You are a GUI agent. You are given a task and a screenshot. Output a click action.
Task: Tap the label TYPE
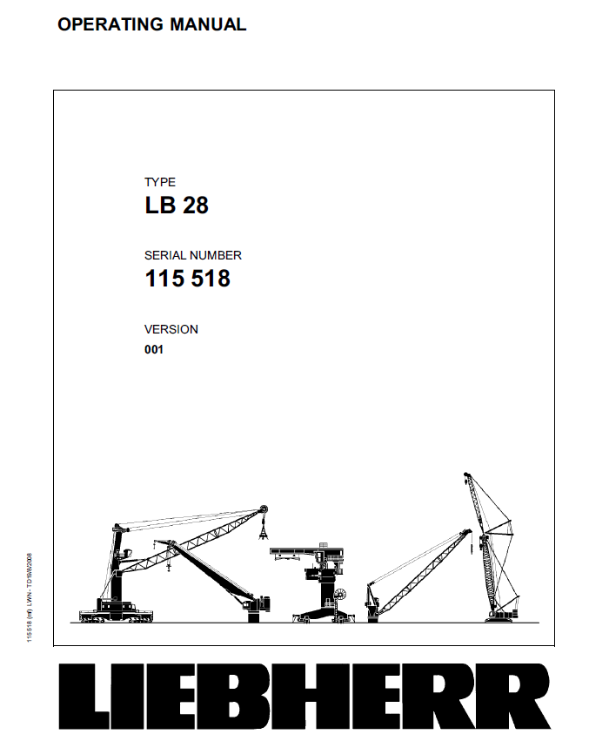(159, 182)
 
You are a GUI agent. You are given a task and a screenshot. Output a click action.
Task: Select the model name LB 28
(177, 206)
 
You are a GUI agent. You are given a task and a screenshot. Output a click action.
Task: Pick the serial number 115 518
(187, 280)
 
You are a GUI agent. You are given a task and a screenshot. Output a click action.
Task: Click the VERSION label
(171, 329)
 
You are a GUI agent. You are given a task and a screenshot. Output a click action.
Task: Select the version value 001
(154, 350)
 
